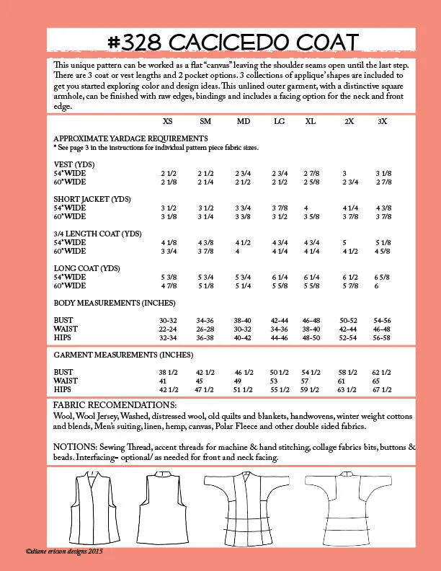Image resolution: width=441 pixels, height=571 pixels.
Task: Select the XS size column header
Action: click(167, 121)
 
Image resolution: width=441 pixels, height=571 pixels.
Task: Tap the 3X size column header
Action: click(382, 121)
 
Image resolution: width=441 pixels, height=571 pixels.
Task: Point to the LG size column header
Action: click(279, 121)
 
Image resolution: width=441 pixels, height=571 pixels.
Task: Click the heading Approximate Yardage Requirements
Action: click(130, 138)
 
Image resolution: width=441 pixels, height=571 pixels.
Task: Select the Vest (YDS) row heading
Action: click(75, 164)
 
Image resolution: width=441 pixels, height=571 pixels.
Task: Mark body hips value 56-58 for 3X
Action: click(382, 337)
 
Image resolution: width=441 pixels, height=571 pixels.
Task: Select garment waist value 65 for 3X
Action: click(382, 380)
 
